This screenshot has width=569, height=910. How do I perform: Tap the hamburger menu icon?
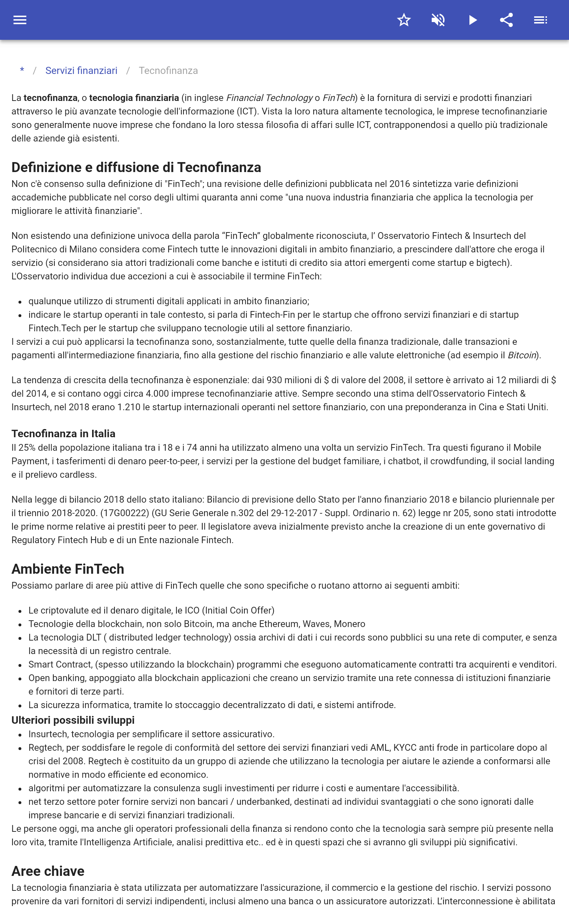20,20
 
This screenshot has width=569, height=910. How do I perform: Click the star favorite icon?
404,20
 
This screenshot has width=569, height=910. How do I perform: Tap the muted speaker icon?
438,20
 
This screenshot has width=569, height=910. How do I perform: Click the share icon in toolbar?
506,20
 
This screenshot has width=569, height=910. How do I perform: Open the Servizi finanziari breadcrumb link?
81,71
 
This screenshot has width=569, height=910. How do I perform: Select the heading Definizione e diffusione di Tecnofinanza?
136,167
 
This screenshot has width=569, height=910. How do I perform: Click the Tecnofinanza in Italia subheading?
63,434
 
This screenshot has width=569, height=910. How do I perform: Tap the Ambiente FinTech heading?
68,569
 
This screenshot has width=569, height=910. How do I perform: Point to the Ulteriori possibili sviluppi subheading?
73,720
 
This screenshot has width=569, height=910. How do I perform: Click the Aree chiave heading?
48,871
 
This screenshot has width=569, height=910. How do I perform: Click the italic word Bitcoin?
522,355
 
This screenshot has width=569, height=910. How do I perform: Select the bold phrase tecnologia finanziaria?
134,98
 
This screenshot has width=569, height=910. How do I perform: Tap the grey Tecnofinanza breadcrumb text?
168,71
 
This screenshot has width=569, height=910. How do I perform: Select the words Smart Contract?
60,665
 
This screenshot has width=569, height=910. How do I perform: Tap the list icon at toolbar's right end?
541,20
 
